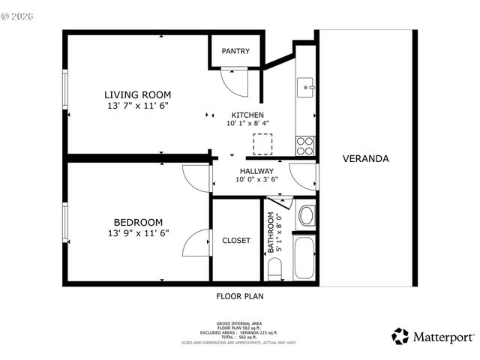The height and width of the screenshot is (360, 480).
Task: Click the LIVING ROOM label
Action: pyautogui.click(x=137, y=94)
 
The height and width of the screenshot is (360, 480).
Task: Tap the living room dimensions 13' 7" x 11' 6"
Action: pyautogui.click(x=137, y=106)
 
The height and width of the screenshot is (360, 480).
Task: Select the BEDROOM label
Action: pyautogui.click(x=138, y=222)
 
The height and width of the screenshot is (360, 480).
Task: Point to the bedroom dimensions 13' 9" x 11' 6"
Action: pyautogui.click(x=138, y=233)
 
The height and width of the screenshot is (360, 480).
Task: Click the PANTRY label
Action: pyautogui.click(x=235, y=52)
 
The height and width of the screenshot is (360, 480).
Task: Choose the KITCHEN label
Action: pyautogui.click(x=247, y=115)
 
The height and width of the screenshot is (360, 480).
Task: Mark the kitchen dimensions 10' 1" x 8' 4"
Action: pyautogui.click(x=247, y=124)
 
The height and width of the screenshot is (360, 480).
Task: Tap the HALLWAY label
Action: pyautogui.click(x=256, y=171)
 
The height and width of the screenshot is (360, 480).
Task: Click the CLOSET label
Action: pyautogui.click(x=236, y=241)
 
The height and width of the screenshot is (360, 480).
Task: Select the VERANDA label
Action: pyautogui.click(x=365, y=159)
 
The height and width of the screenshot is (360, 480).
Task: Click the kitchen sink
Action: pyautogui.click(x=306, y=87)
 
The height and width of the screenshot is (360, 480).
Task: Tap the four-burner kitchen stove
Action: pyautogui.click(x=305, y=145)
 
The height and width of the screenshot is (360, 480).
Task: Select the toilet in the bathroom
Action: pyautogui.click(x=274, y=268)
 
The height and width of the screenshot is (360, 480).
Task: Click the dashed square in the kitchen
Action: pyautogui.click(x=263, y=144)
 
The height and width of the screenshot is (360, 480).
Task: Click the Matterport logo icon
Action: pyautogui.click(x=400, y=337)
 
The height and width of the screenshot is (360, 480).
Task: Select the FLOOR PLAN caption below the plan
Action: pyautogui.click(x=240, y=296)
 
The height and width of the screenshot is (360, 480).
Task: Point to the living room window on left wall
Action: pyautogui.click(x=65, y=95)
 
